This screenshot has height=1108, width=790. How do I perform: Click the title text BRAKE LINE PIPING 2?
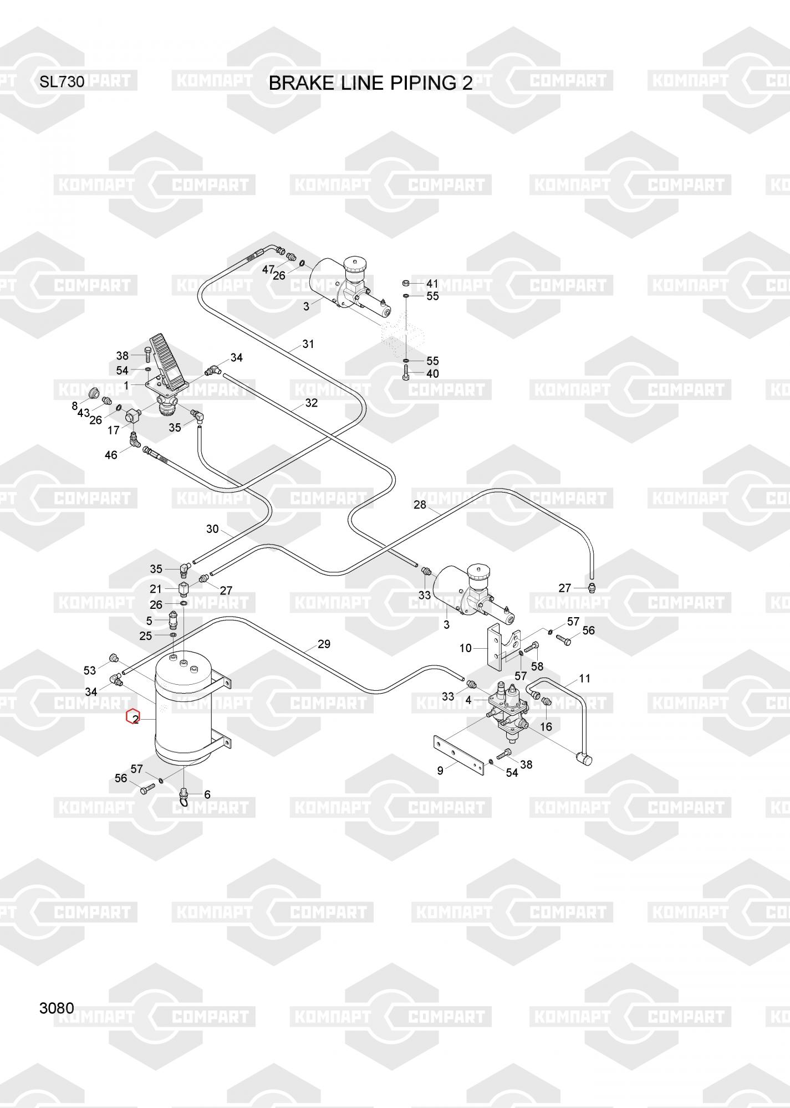coord(370,83)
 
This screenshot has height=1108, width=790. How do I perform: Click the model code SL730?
coord(62,82)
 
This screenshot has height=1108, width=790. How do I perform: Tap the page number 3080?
coord(57,1008)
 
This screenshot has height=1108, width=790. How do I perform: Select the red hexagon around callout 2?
coord(132,718)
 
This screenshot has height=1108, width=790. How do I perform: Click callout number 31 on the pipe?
coord(308,344)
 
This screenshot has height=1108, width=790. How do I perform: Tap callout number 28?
coord(420,505)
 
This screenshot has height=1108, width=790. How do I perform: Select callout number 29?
coord(324,644)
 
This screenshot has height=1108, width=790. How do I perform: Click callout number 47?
coord(268,270)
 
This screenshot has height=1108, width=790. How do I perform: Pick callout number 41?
coord(432,284)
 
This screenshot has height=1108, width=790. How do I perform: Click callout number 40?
coord(432,373)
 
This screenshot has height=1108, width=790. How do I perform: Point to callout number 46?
coord(111,455)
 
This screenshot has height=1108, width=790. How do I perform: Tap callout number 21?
coord(156,589)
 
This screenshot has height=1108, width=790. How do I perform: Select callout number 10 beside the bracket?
coord(465,648)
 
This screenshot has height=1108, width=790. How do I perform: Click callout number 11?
coord(584,678)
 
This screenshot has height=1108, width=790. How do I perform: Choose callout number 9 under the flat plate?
coord(440,770)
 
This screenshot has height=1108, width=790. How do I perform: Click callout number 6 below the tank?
coord(207,794)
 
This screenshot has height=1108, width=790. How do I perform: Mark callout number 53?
coord(90,670)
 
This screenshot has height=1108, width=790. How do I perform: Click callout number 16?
coord(546,726)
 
